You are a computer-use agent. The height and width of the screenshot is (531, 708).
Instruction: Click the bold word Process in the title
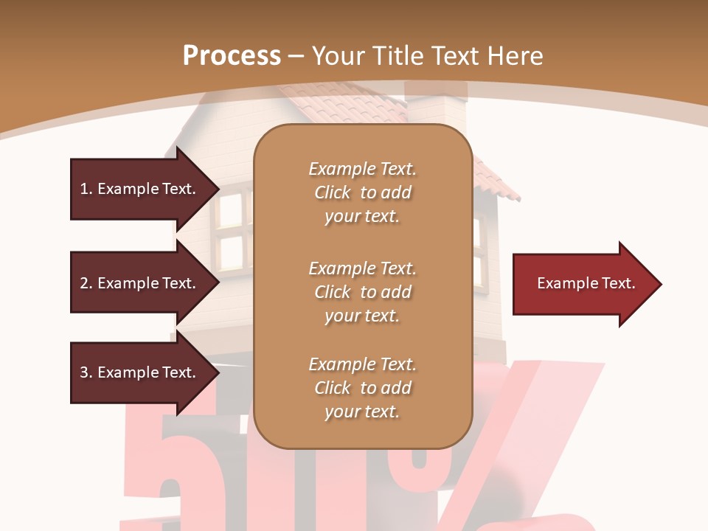coord(232,55)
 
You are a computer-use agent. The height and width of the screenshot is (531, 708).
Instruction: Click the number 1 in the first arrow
coord(84,189)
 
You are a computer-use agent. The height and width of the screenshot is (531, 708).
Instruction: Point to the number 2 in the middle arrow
coord(84,283)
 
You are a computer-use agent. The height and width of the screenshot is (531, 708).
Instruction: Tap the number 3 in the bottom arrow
coord(84,372)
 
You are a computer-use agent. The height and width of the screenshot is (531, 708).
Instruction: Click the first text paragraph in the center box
coord(362,192)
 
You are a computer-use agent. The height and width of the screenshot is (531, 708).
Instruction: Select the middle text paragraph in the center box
coord(362,291)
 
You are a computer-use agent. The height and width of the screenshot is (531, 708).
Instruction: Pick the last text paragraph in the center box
coord(362,388)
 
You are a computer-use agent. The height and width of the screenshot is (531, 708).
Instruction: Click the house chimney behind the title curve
coord(437,107)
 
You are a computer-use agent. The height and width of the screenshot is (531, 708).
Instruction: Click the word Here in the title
coord(516,55)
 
